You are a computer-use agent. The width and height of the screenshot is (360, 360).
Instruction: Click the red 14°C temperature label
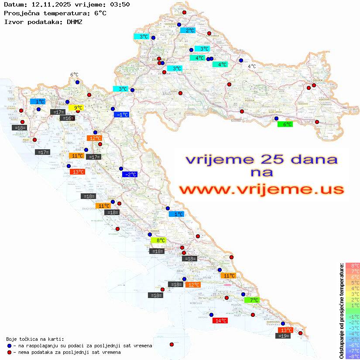[x=220, y=321]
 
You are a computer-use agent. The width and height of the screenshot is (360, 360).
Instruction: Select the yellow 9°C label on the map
[x=76, y=108]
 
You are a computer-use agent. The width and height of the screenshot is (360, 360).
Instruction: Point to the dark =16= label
[x=68, y=118]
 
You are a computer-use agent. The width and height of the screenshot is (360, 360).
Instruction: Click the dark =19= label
[x=284, y=336]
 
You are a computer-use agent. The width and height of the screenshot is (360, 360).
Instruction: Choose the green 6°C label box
[x=285, y=124]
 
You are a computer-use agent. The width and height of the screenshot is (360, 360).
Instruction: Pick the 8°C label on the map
[x=158, y=240]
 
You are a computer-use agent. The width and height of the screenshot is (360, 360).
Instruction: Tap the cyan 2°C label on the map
[x=188, y=31]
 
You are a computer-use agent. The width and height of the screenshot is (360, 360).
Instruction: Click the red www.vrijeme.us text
[x=261, y=190]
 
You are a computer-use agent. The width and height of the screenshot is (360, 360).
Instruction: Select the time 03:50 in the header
[x=120, y=4]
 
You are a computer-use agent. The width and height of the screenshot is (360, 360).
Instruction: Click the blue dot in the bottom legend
[x=9, y=346]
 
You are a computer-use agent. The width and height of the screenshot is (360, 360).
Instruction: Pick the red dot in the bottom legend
[x=9, y=352]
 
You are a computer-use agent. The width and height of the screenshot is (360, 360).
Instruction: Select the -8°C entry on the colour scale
[x=353, y=356]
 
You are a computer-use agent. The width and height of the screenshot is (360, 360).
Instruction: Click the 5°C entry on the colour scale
[x=353, y=282]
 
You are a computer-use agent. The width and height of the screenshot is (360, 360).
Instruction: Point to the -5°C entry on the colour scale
[x=353, y=339]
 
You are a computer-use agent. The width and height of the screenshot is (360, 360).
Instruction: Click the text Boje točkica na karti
[x=35, y=339]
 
